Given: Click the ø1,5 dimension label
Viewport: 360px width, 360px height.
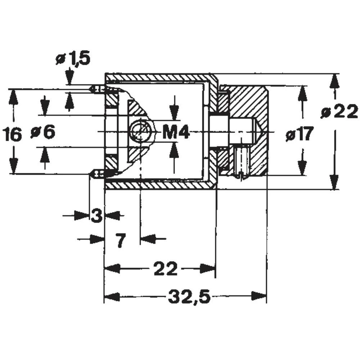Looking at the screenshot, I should pyautogui.click(x=73, y=59).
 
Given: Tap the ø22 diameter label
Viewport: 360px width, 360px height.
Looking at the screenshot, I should pyautogui.click(x=339, y=112).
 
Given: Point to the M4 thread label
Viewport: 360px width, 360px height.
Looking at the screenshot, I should pyautogui.click(x=175, y=133).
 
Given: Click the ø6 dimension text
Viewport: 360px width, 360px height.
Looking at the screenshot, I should pyautogui.click(x=43, y=132).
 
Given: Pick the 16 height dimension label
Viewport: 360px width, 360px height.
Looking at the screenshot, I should pyautogui.click(x=12, y=135).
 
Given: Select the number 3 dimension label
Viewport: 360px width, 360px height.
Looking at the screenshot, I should pyautogui.click(x=96, y=216).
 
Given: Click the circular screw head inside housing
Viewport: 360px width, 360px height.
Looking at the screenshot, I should pyautogui.click(x=140, y=131).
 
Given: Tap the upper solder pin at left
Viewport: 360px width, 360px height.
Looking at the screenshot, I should pyautogui.click(x=97, y=89).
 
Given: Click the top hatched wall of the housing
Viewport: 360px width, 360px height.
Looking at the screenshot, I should pyautogui.click(x=158, y=77).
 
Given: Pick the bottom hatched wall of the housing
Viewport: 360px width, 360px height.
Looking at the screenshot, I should pyautogui.click(x=158, y=185).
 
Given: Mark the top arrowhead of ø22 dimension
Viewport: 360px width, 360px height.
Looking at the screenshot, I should pyautogui.click(x=335, y=81).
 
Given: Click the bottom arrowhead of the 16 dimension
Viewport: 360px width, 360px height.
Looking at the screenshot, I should pyautogui.click(x=13, y=166).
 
